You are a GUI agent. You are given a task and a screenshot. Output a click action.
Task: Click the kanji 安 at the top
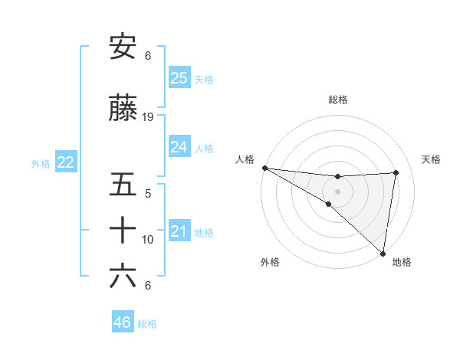click(x=123, y=48)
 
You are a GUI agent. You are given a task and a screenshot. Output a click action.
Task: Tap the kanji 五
click(x=123, y=185)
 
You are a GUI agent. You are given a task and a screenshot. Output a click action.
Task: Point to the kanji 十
click(x=123, y=231)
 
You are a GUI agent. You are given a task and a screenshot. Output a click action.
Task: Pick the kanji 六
click(x=123, y=277)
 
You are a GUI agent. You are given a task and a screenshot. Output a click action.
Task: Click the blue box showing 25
click(x=179, y=77)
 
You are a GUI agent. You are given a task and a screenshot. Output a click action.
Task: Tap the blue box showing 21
click(x=179, y=231)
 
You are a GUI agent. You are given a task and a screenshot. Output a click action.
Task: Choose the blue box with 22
click(x=66, y=162)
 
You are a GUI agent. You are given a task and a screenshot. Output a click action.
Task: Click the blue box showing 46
click(x=123, y=322)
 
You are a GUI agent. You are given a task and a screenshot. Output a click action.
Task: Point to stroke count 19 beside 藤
click(x=148, y=117)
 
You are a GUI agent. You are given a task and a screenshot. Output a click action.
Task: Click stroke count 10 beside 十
click(x=148, y=240)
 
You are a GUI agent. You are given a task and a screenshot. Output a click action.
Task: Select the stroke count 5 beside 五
click(x=148, y=193)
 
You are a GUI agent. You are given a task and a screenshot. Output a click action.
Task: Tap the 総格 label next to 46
click(x=147, y=324)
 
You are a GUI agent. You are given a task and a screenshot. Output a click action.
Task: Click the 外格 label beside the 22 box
click(x=41, y=164)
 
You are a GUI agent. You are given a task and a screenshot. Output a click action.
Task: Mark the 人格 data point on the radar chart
click(x=264, y=168)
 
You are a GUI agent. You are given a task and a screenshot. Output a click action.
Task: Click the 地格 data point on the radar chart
click(x=383, y=253)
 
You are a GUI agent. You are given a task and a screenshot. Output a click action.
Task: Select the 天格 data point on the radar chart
click(x=396, y=172)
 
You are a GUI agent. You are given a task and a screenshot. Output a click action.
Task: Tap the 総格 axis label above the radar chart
click(x=338, y=100)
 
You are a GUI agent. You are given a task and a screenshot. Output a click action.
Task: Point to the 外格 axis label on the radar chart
click(x=270, y=262)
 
